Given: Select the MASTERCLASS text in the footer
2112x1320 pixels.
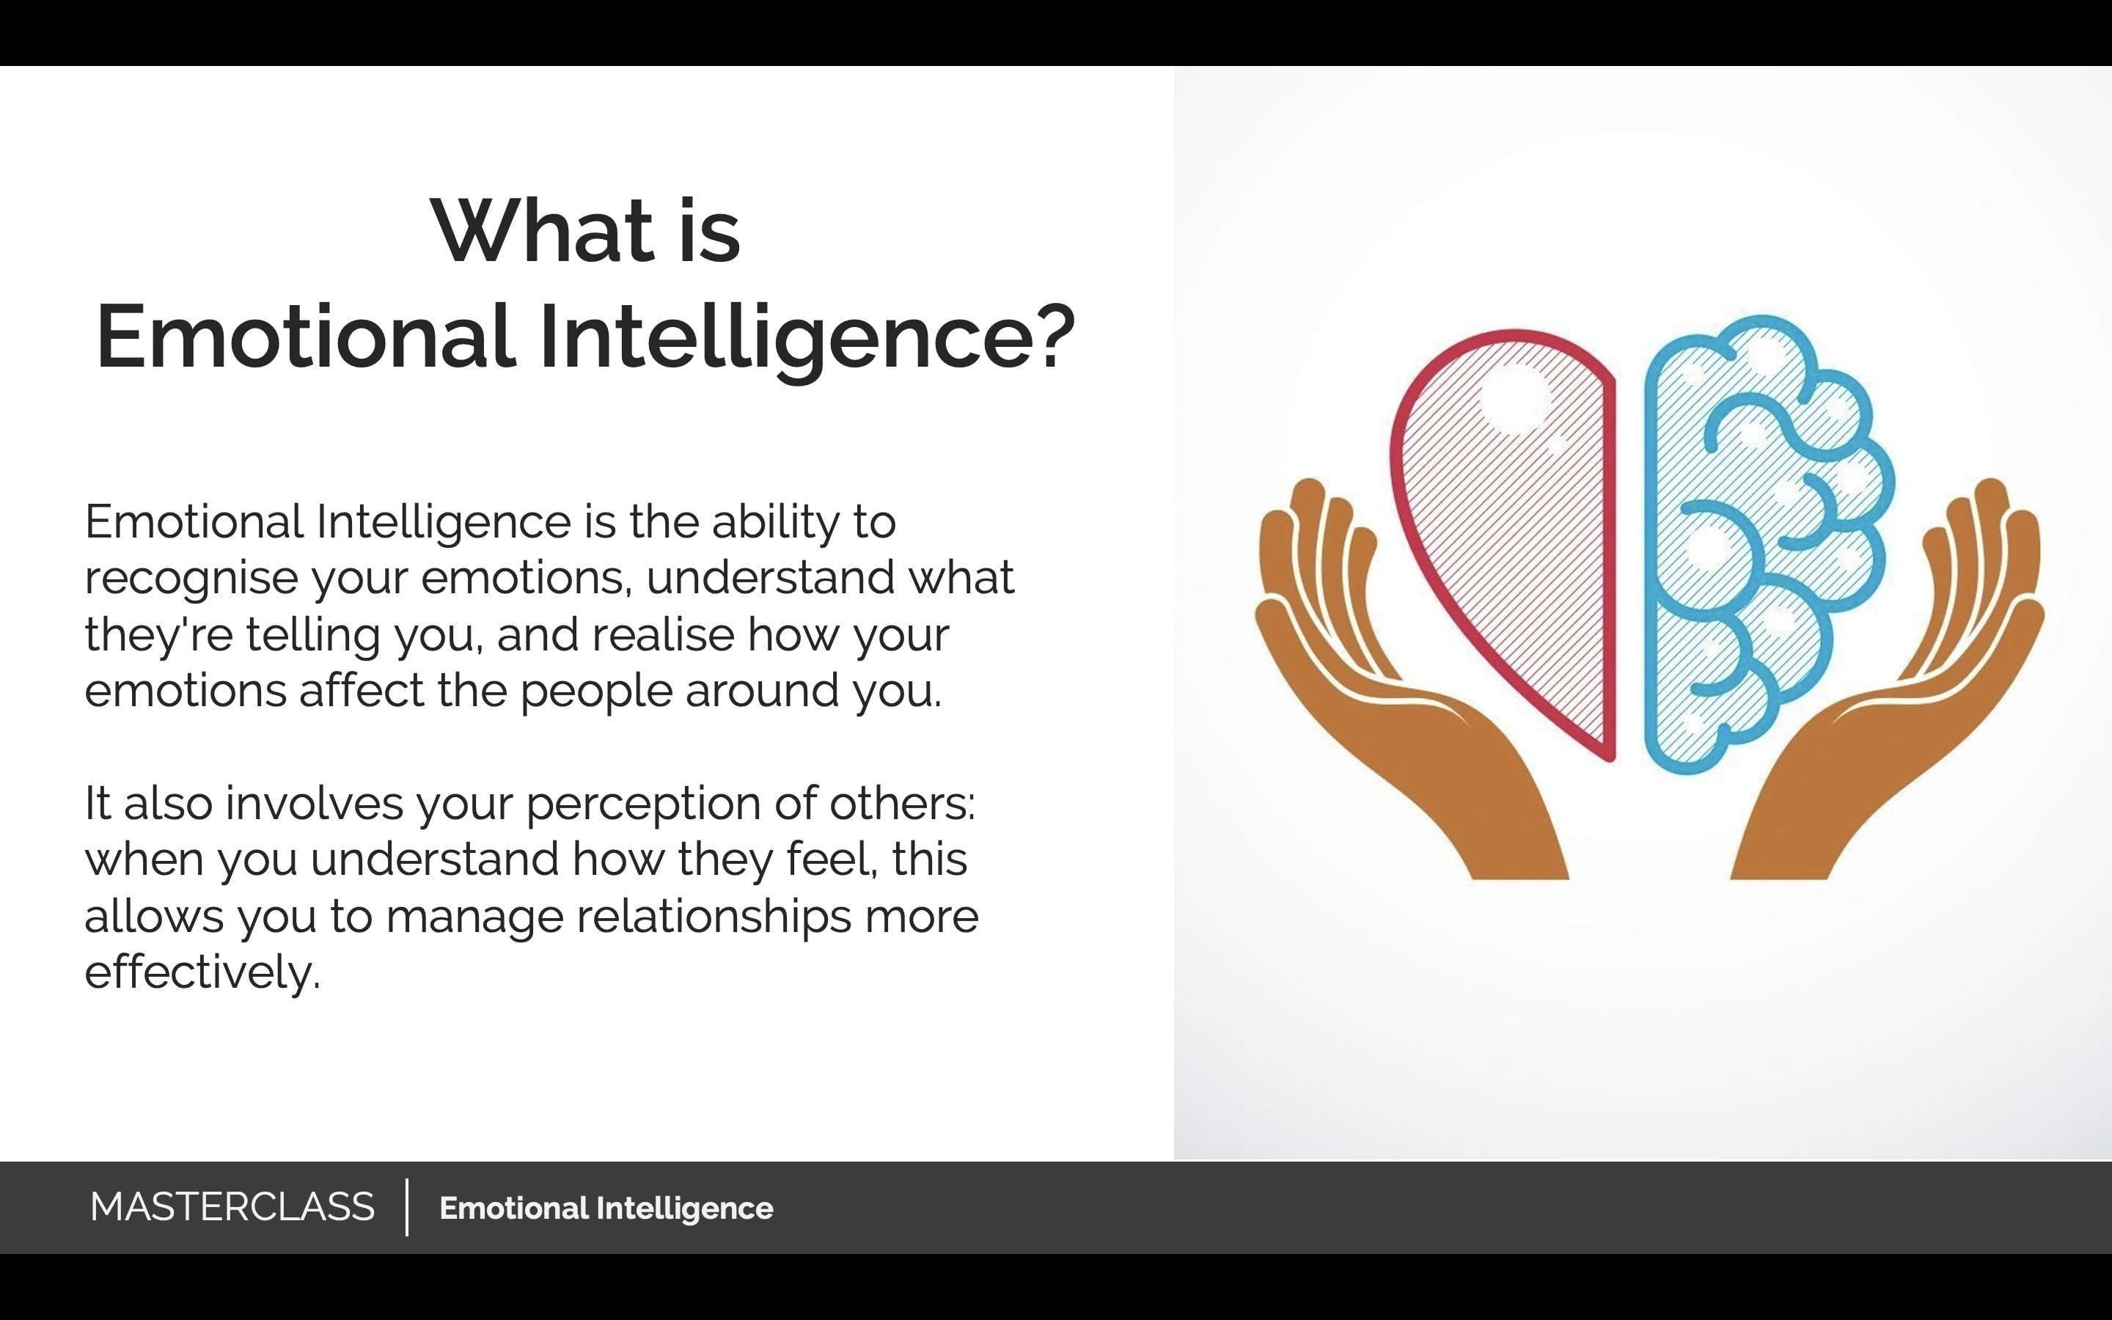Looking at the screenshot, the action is click(x=232, y=1206).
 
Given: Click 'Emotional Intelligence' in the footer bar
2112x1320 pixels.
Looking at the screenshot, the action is click(x=606, y=1209).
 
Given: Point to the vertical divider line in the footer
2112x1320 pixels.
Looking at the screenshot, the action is click(x=407, y=1207).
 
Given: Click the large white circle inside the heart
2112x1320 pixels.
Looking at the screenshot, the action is click(x=1515, y=398).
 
